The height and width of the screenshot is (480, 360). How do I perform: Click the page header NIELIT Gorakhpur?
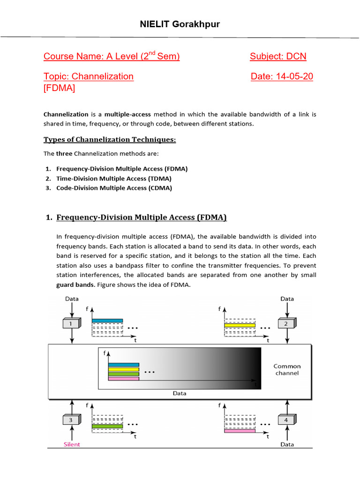180,24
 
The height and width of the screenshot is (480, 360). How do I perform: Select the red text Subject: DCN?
277,57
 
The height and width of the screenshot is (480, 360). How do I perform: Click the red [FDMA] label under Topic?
59,88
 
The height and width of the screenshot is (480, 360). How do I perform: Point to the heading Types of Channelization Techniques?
110,140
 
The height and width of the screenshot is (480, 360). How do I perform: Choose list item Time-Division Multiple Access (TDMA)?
113,179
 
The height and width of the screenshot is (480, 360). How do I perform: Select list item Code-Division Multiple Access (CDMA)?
114,188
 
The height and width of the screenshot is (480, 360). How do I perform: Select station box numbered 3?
71,420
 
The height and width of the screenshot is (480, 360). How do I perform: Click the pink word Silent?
72,444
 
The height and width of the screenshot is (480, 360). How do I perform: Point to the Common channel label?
287,369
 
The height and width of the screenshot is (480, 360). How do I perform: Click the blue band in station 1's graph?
107,321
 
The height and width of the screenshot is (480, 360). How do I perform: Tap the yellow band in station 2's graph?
239,325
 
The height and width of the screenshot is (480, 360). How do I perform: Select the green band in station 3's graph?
107,426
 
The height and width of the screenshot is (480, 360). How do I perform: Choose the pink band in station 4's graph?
239,430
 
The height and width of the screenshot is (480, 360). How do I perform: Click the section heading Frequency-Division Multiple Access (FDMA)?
141,217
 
